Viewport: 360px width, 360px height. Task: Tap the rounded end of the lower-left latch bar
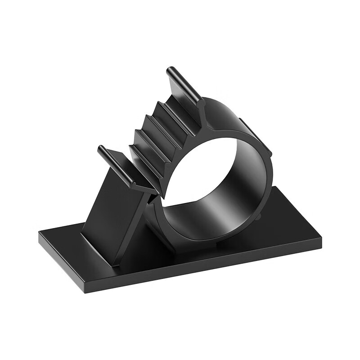click(101, 149)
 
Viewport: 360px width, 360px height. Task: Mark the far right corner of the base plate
click(320, 238)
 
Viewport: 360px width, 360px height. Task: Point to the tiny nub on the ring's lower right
click(261, 216)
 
